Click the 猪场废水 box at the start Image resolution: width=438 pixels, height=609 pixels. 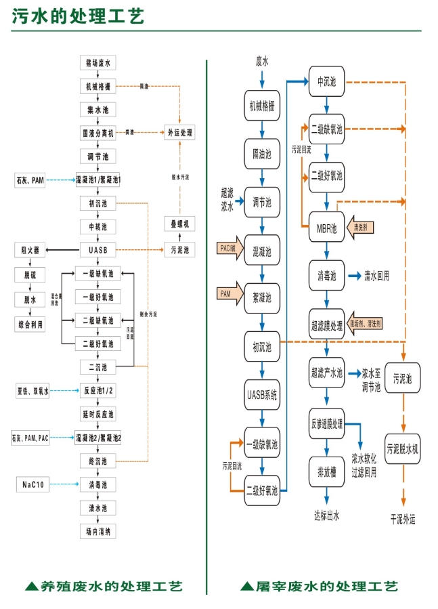pos(97,63)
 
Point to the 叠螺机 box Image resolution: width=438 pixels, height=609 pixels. pos(180,224)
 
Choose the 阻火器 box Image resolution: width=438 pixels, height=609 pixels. pos(30,250)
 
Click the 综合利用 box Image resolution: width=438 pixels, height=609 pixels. pos(30,325)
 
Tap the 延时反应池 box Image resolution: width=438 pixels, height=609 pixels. pos(97,413)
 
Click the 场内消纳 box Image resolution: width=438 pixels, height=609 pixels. pos(97,530)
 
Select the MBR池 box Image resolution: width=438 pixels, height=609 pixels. pos(326,228)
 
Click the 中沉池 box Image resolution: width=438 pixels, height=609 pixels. pos(326,83)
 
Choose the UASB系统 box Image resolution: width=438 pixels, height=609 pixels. pos(261,393)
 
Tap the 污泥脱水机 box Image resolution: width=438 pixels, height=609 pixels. pos(403,448)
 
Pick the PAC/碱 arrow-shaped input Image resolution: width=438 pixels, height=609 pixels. pos(228,249)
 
